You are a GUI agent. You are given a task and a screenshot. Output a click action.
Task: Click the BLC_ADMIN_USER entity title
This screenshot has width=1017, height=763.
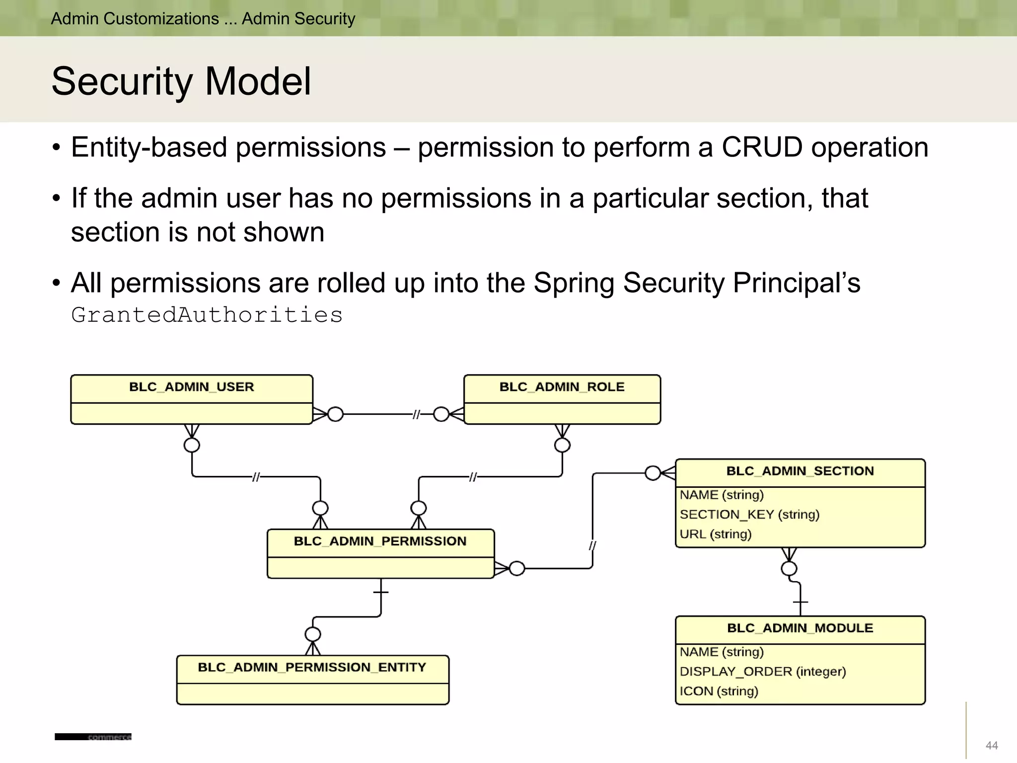[191, 387]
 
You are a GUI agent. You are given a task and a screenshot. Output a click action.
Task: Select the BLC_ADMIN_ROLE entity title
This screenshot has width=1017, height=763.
[562, 387]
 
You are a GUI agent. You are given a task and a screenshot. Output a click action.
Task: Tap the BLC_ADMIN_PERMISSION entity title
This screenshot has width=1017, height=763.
[380, 541]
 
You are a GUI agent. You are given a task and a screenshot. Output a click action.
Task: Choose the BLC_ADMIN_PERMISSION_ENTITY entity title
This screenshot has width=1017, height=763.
[312, 667]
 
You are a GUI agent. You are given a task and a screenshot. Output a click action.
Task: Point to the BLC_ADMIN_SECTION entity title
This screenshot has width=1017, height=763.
[799, 471]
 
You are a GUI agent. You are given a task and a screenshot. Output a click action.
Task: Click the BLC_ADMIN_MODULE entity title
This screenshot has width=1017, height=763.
[799, 628]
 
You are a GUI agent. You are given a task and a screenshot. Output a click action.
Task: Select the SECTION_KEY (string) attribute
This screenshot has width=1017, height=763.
[749, 515]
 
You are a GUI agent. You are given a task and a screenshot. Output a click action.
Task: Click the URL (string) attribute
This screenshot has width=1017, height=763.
[715, 534]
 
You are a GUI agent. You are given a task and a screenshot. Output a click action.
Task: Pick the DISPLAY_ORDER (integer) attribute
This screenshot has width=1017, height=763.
[762, 672]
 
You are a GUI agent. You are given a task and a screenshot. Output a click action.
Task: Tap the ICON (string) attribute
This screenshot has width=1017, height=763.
[718, 691]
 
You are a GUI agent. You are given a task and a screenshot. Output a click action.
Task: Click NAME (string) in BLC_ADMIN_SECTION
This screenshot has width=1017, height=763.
[721, 495]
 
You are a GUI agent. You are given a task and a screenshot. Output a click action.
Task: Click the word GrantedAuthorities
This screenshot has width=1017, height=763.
[207, 315]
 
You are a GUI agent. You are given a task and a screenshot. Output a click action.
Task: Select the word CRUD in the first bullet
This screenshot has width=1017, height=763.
[761, 148]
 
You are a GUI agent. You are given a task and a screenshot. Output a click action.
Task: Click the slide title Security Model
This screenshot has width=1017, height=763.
[181, 81]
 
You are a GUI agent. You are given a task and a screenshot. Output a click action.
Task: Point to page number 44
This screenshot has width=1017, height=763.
[991, 745]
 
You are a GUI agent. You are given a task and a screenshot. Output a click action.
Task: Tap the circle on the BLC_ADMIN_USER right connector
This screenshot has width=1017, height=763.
[336, 414]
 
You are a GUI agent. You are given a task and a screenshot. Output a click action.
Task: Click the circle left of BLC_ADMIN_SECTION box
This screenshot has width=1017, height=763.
[653, 473]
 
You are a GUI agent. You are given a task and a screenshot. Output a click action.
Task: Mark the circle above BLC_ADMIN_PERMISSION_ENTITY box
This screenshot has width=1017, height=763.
[313, 634]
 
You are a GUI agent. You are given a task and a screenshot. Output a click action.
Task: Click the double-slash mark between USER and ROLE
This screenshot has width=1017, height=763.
[416, 414]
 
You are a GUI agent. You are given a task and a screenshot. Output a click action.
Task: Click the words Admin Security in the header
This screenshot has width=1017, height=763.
[298, 19]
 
